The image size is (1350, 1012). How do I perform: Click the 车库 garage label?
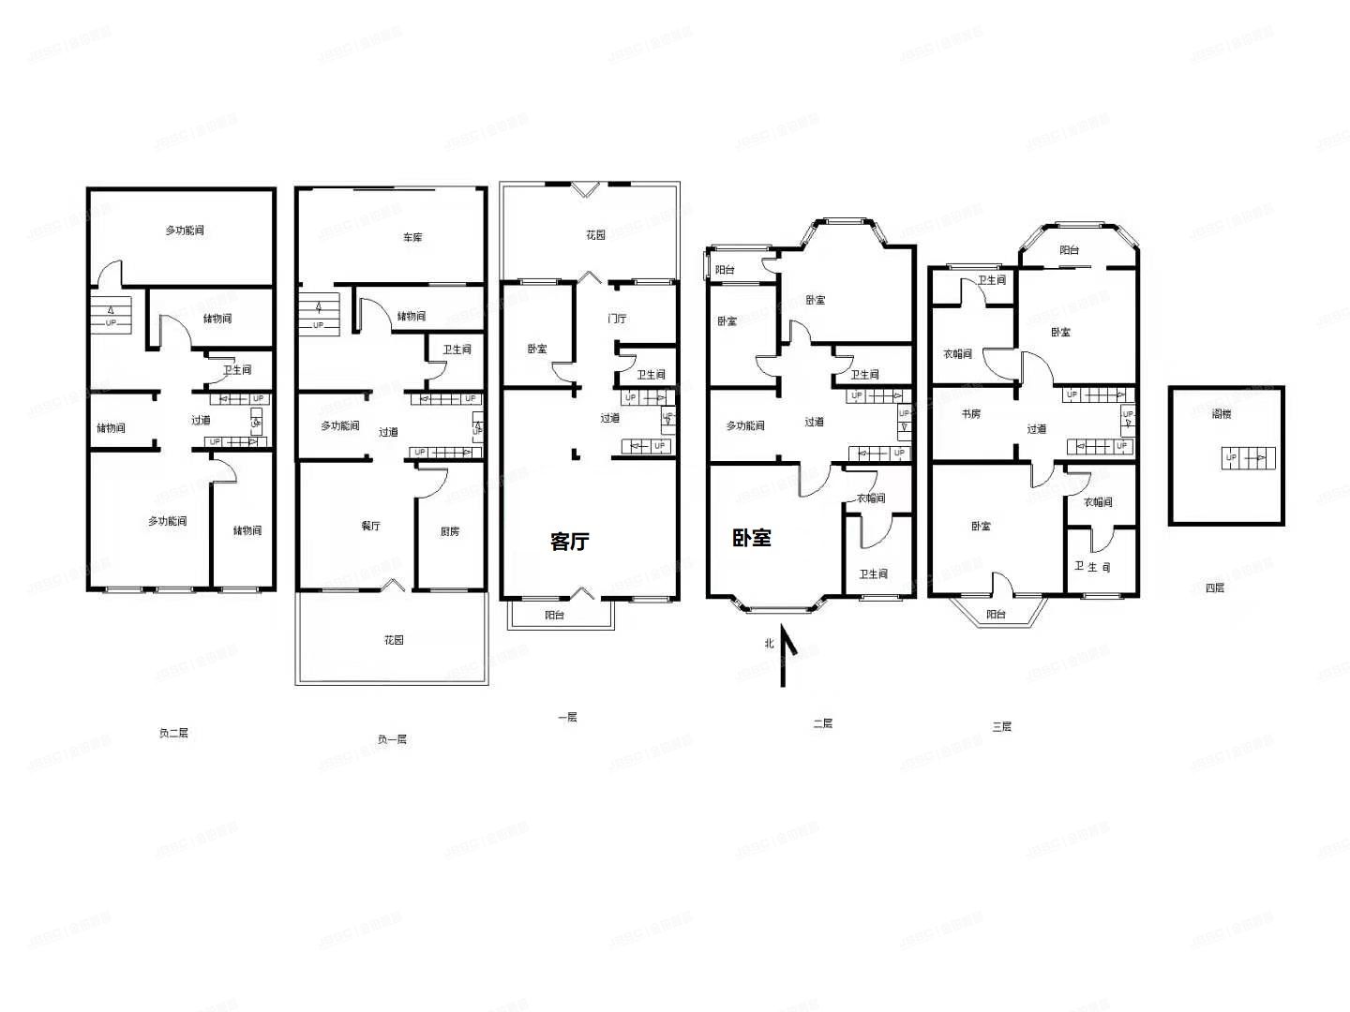coord(412,237)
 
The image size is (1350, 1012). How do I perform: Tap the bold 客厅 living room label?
coord(570,542)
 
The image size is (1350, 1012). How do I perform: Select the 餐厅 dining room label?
coord(371,527)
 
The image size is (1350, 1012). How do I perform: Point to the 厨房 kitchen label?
coord(450,531)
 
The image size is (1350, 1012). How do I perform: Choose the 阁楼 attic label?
coord(1221,414)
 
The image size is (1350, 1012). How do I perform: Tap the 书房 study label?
coord(970,414)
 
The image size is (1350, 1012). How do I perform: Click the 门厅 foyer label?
coord(617,319)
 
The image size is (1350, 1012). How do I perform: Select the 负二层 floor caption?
coord(173,733)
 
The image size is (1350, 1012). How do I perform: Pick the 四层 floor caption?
coord(1214,588)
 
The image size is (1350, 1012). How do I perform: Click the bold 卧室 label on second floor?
coord(752,538)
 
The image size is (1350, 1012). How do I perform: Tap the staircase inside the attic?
coord(1248,458)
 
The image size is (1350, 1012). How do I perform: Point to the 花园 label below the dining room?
coord(394,640)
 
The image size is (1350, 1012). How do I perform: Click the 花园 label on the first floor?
coord(595,235)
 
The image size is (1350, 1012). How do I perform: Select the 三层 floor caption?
coord(1001,726)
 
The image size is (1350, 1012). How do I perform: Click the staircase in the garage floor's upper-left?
coord(318,312)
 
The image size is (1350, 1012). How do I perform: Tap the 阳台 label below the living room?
coord(555,615)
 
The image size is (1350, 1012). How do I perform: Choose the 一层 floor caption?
coord(567,717)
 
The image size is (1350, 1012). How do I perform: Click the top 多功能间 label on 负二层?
coord(185,231)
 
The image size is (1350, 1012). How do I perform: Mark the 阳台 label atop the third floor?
coord(1069,250)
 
